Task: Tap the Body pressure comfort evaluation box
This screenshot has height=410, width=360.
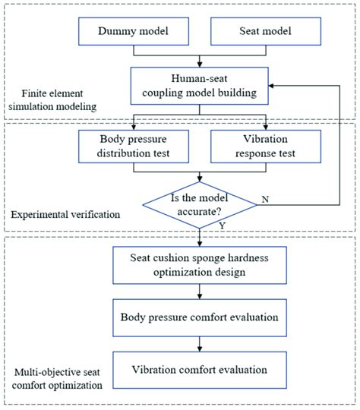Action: tap(200, 314)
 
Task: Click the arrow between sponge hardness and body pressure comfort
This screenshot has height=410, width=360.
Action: tap(200, 291)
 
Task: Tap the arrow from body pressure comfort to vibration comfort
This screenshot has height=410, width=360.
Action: tap(200, 341)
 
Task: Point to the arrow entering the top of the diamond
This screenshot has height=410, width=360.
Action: tap(200, 177)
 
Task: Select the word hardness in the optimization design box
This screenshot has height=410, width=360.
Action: tap(256, 259)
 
